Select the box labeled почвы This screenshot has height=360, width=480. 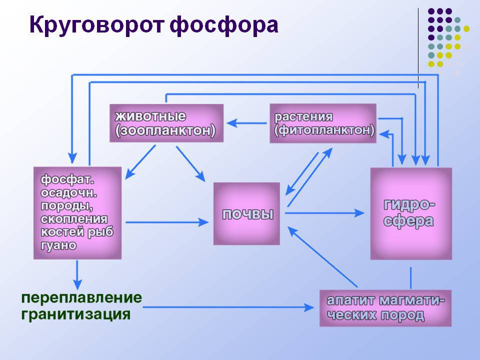tap(246, 214)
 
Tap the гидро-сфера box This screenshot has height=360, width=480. tap(410, 213)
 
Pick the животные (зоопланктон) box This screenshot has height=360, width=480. tap(166, 123)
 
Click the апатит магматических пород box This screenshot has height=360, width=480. tap(385, 308)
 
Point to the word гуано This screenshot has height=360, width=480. tap(59, 245)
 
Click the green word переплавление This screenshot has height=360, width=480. tap(81, 298)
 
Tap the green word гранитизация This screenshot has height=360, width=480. tap(75, 315)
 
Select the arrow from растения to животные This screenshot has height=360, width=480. tap(247, 122)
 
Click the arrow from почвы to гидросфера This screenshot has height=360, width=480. tap(325, 213)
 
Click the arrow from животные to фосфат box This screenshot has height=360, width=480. tap(139, 162)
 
